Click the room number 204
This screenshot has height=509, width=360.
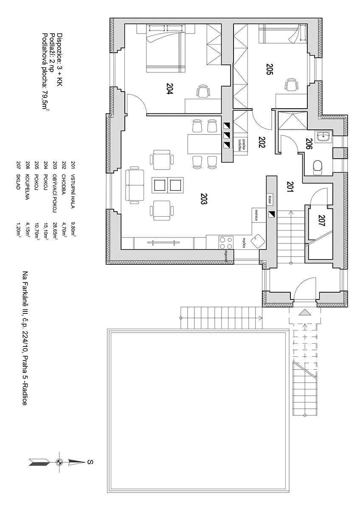point(170,88)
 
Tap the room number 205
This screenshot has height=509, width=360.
point(270,69)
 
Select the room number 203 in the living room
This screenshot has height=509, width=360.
point(204,199)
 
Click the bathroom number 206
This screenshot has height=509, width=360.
point(308,144)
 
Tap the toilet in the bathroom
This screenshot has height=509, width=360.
point(318,168)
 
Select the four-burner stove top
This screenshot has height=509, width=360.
point(226,243)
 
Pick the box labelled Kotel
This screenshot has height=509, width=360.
point(270,200)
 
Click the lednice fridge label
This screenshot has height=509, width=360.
point(256,215)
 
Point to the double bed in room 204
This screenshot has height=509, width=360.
point(166,48)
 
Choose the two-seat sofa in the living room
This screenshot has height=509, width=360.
point(135,185)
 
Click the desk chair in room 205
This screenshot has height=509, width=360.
point(291,84)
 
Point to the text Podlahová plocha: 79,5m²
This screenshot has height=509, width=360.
point(45,71)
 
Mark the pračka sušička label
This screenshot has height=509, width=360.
point(242,145)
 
